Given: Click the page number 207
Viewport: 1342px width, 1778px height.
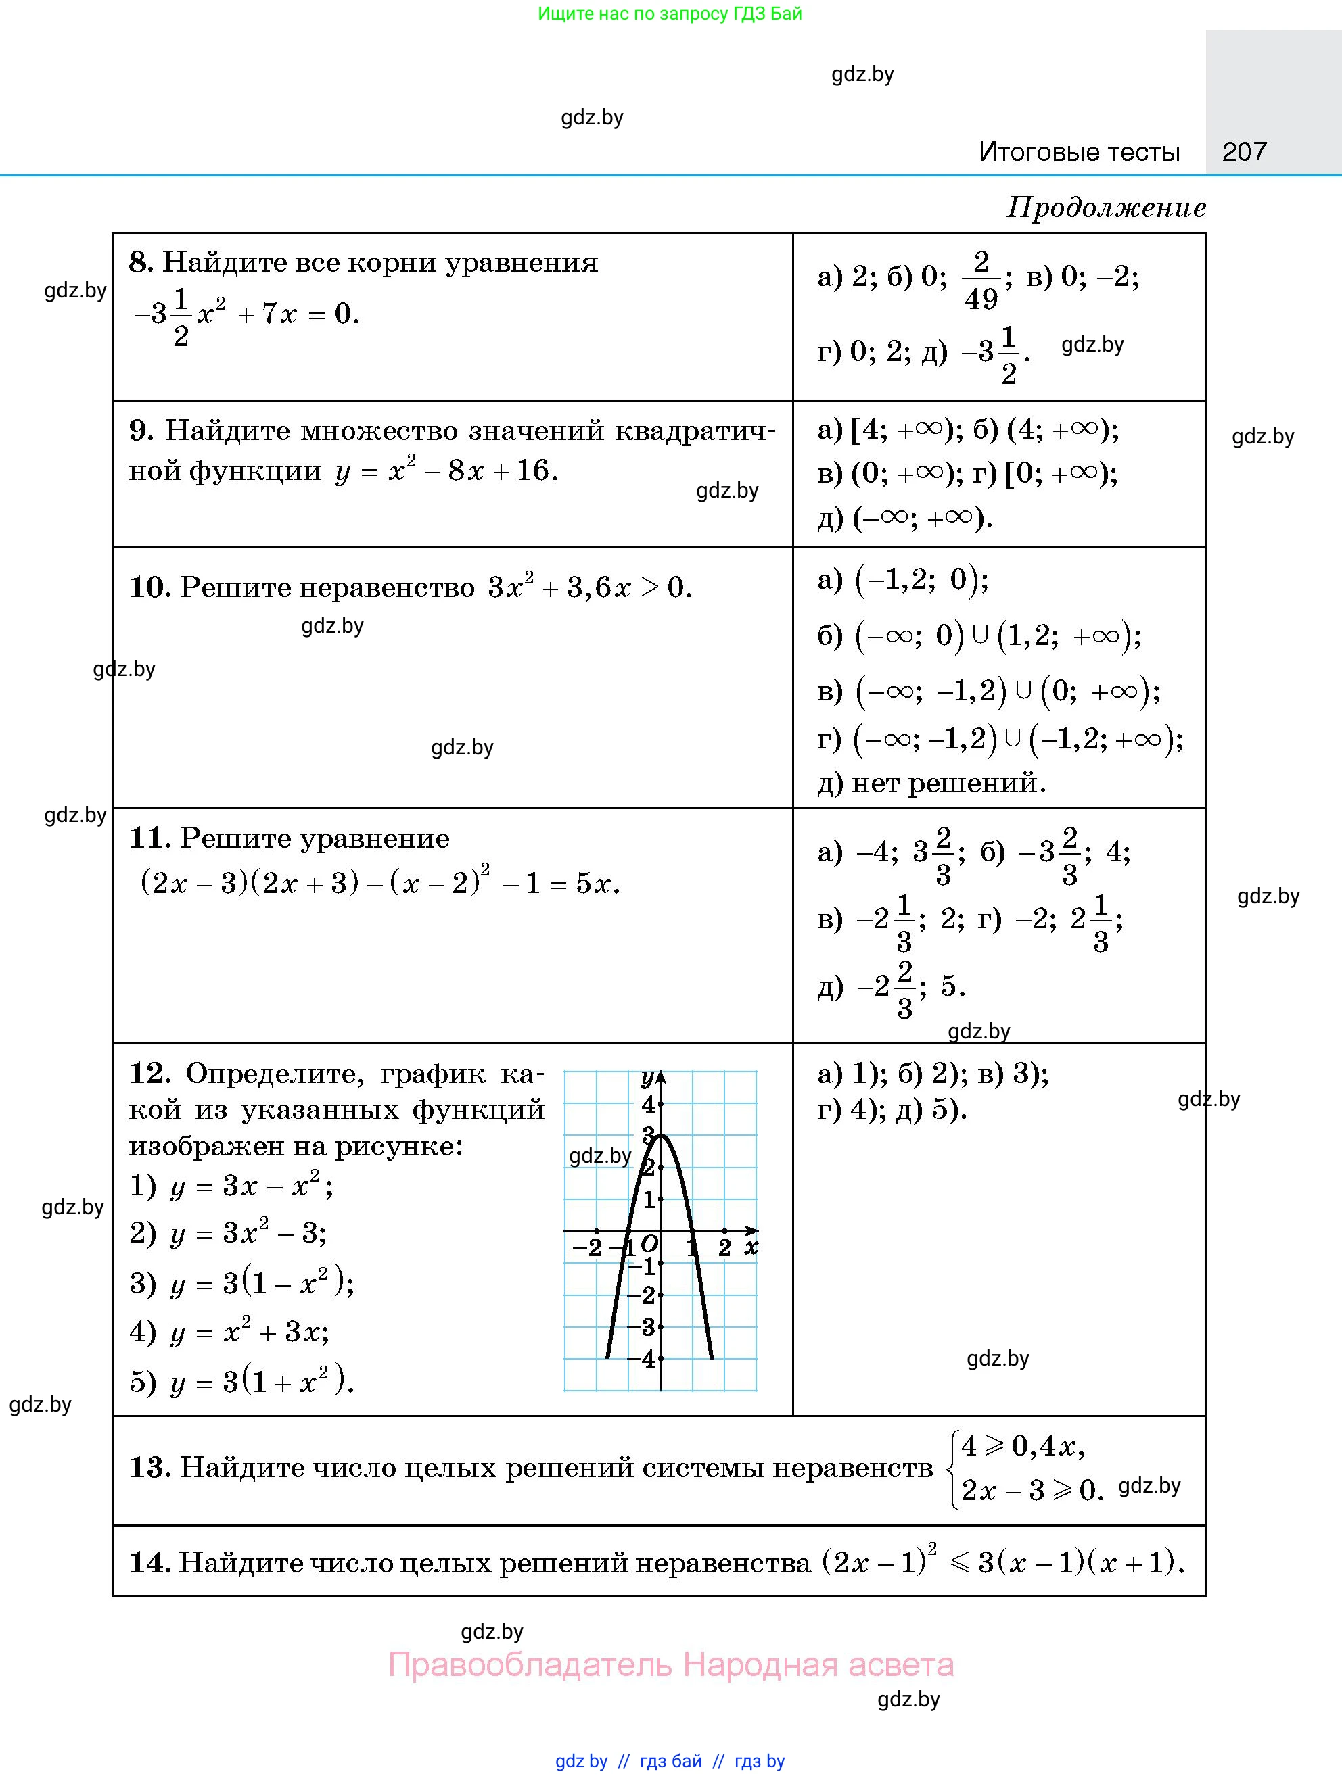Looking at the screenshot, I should click(x=1244, y=151).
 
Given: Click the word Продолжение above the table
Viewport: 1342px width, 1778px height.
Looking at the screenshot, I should click(x=1106, y=208).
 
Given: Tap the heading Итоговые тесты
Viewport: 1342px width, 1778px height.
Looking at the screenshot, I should click(x=1079, y=152).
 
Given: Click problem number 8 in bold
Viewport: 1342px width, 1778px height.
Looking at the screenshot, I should click(x=140, y=263).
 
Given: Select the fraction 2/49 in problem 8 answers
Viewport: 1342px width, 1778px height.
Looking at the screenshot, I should click(x=980, y=280).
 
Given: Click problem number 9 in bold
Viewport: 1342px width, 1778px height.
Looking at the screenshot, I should click(x=140, y=431).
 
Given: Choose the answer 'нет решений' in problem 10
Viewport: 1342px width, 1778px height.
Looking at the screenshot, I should click(x=949, y=782).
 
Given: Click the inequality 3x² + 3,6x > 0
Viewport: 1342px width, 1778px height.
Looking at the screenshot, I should click(x=589, y=587).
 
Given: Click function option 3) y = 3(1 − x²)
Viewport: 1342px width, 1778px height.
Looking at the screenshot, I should click(x=241, y=1282).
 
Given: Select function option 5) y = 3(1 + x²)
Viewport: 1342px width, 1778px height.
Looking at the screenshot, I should click(x=241, y=1382).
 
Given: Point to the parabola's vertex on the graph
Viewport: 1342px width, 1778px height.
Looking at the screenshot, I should click(x=660, y=1135).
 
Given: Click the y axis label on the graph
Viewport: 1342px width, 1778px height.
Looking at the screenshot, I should click(x=647, y=1078).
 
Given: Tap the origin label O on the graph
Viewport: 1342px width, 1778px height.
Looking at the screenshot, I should click(x=649, y=1245).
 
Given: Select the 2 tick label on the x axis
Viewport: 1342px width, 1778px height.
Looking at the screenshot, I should click(x=724, y=1247).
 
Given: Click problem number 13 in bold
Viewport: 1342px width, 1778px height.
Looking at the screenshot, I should click(x=149, y=1468).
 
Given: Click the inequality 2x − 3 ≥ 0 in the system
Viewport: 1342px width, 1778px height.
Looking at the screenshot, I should click(x=1032, y=1489).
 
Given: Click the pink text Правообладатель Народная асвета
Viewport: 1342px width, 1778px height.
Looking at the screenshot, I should click(x=670, y=1664).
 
